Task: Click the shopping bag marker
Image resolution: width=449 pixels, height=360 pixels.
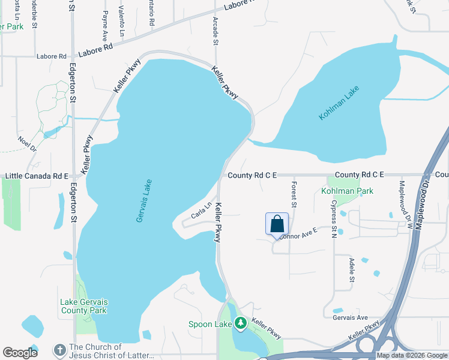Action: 277,224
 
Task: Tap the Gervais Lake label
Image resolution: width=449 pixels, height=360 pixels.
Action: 144,201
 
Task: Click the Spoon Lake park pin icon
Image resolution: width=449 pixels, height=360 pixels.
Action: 241,323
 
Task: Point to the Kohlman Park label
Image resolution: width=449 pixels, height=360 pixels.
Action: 347,191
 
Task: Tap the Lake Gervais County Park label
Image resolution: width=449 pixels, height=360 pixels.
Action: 83,306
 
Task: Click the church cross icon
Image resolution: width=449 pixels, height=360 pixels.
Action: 59,350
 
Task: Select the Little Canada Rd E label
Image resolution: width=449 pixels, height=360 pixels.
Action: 37,176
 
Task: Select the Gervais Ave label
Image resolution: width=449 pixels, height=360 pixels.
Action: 350,317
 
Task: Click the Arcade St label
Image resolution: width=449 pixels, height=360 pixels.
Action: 215,31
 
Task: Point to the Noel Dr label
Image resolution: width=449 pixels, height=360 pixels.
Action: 28,143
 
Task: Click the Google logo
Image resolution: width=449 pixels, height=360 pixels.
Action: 20,353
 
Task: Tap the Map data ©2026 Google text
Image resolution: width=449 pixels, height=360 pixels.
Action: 412,355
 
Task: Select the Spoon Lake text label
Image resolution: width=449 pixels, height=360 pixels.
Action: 211,324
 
